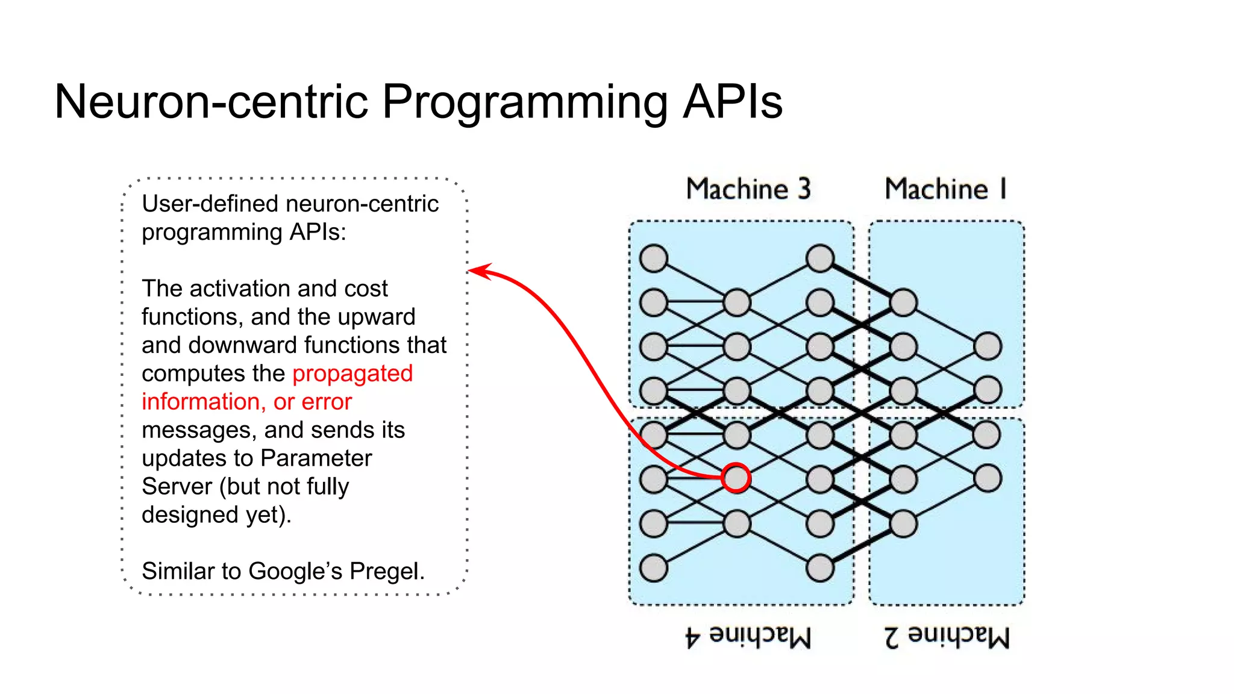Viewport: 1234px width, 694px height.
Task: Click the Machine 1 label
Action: coord(945,189)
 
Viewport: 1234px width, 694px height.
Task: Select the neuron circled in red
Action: coord(736,478)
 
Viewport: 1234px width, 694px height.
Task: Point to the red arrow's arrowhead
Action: coord(476,270)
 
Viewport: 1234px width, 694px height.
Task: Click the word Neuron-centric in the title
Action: coord(211,101)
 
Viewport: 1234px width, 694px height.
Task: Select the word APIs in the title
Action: coord(732,101)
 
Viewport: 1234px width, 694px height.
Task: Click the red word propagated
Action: coord(352,374)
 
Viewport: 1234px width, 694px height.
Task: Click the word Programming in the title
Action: coord(524,101)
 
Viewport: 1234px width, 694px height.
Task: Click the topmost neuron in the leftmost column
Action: coord(654,258)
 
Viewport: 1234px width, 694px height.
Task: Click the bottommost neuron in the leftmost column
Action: coord(654,567)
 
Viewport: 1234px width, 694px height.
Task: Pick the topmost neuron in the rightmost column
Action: coord(988,346)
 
